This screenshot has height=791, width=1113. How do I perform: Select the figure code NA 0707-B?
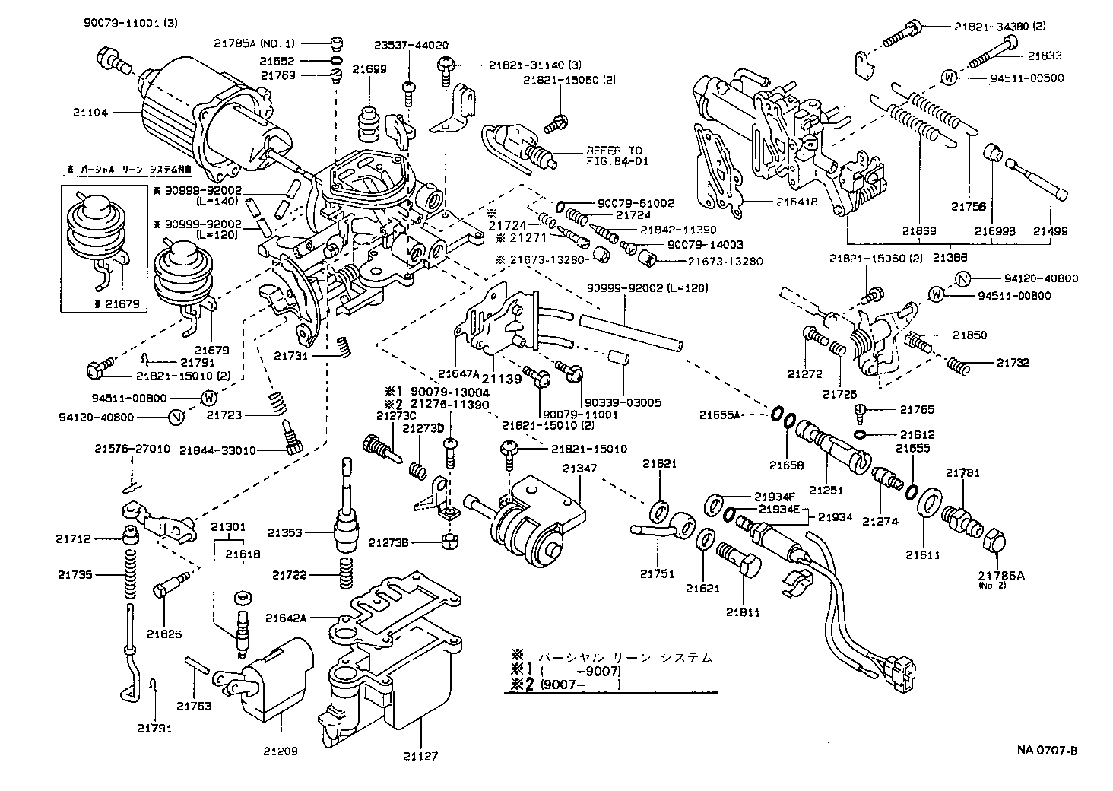click(1047, 751)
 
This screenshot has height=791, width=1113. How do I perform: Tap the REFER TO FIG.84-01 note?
click(614, 156)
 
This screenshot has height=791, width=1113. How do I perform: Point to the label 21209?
click(281, 751)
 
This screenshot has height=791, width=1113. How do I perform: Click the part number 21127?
click(421, 756)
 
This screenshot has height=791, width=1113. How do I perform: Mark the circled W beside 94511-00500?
click(948, 77)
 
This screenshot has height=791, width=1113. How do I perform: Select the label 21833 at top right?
click(1045, 56)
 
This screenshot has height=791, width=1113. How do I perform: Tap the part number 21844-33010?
click(217, 450)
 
